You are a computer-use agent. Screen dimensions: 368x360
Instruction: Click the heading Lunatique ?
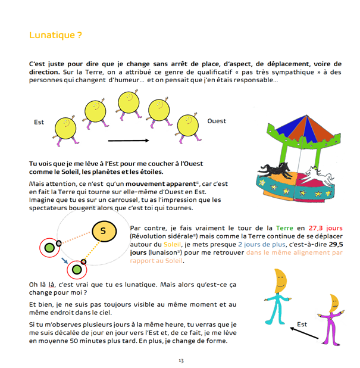[x=56, y=35]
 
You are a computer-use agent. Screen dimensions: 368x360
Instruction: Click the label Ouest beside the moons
[x=217, y=121]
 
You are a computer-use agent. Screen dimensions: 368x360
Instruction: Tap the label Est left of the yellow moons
[x=39, y=122]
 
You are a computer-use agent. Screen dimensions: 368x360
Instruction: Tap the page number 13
[x=181, y=360]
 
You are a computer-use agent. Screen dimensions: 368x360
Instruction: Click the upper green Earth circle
[x=47, y=247]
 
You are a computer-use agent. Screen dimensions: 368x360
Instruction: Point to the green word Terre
[x=284, y=228]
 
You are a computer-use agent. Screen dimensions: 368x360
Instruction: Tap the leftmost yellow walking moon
[x=66, y=127]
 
